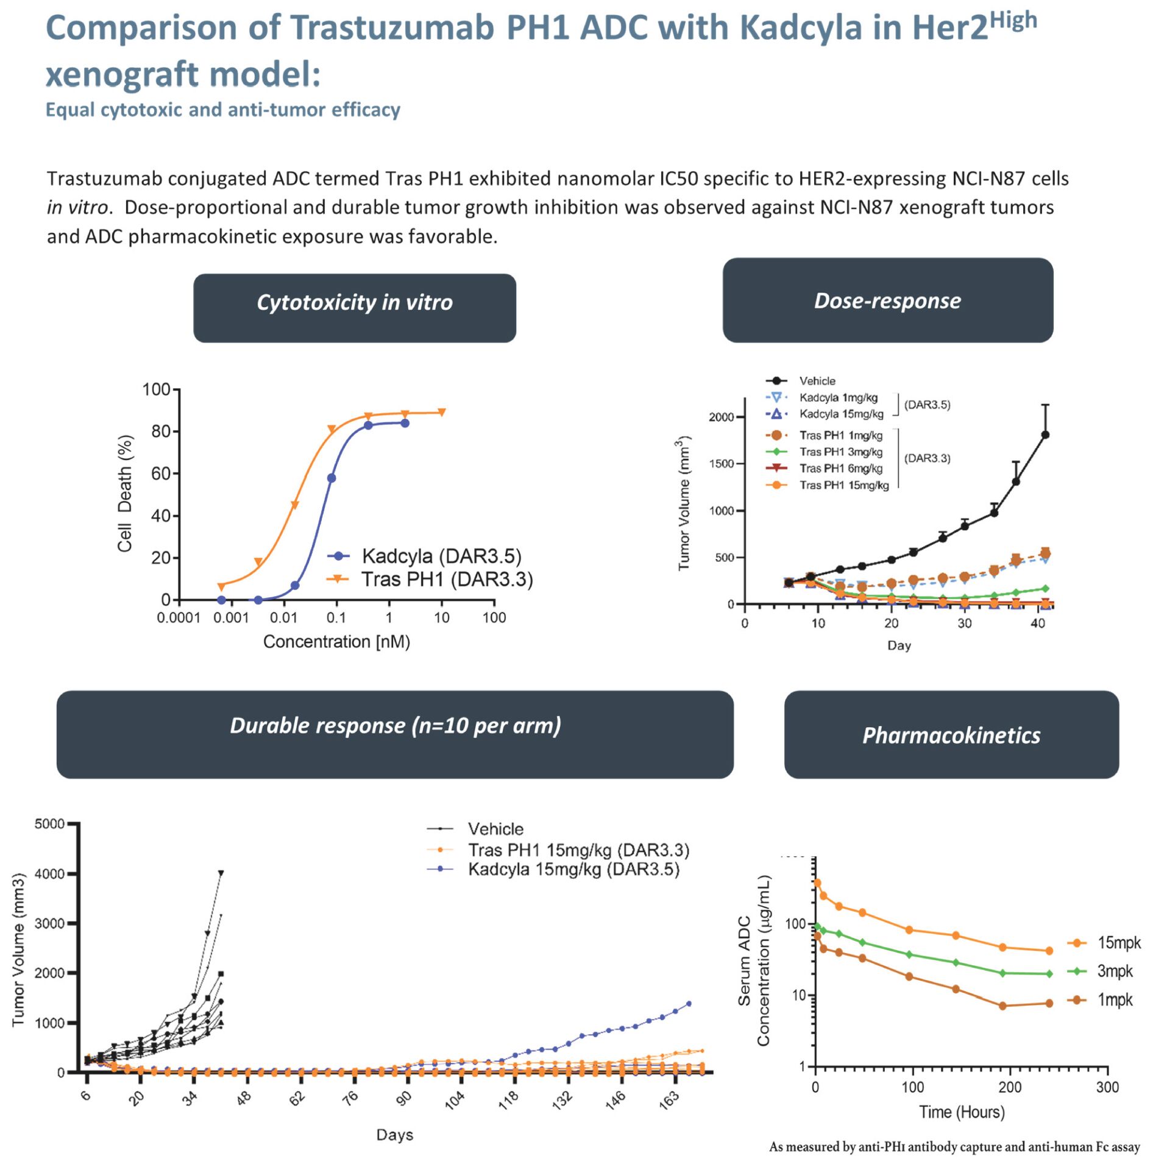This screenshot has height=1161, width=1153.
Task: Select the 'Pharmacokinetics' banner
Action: point(951,734)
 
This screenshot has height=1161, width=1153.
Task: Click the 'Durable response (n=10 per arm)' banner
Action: point(395,725)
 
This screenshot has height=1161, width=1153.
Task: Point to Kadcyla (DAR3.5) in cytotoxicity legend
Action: point(441,556)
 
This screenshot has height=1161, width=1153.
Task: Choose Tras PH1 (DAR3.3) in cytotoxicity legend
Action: point(446,579)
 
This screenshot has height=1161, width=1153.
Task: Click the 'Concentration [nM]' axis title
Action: point(336,641)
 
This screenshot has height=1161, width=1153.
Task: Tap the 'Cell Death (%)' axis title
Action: point(125,493)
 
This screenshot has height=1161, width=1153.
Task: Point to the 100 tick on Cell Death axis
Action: point(156,389)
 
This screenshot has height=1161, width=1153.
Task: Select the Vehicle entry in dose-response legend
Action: point(817,381)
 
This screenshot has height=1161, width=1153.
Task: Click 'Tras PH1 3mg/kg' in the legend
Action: point(840,452)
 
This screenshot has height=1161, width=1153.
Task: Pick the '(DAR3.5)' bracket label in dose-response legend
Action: point(926,405)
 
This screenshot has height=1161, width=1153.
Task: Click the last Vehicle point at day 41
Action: point(1045,435)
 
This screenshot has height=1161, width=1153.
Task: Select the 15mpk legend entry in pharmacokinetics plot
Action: point(1118,943)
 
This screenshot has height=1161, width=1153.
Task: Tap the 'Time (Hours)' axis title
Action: point(961,1112)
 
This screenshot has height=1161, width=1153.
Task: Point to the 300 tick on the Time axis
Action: point(1106,1087)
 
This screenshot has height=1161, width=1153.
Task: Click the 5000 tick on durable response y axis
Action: point(49,824)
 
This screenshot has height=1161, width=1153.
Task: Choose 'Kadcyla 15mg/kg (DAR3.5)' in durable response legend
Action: point(573,869)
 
